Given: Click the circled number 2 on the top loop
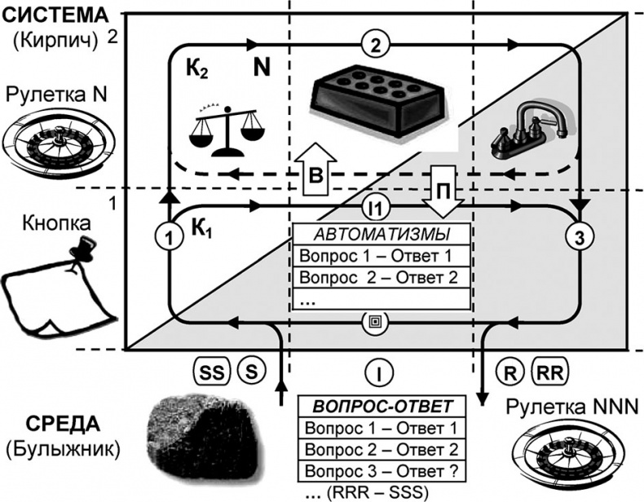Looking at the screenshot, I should (x=375, y=46).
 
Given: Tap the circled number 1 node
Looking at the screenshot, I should (x=170, y=238).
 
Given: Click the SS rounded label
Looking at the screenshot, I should (x=210, y=372).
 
